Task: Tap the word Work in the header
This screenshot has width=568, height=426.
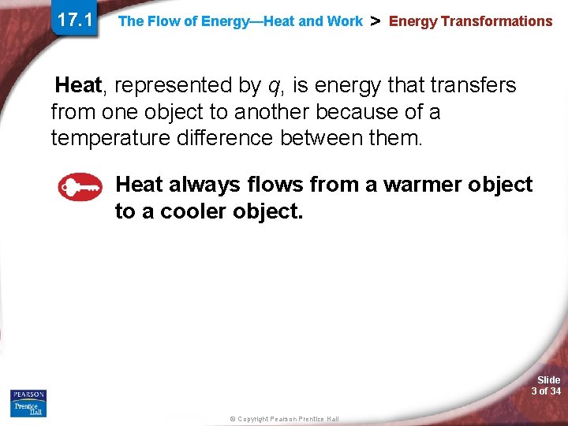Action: click(346, 22)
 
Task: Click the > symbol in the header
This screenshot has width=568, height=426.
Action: click(376, 21)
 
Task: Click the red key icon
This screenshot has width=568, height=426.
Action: click(80, 187)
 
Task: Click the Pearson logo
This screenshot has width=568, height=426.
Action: click(28, 394)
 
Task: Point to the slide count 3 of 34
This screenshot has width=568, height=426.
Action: click(546, 391)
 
